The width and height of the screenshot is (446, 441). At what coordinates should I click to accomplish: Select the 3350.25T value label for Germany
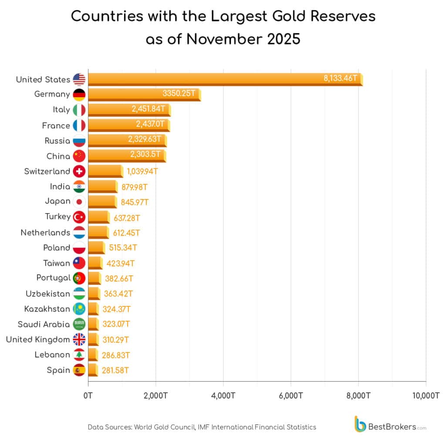179,93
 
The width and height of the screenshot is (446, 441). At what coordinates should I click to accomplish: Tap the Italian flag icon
79,109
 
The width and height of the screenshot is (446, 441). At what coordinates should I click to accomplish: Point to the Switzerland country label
47,171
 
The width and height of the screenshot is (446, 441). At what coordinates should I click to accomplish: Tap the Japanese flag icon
79,201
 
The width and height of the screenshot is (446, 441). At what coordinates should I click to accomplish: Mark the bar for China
126,155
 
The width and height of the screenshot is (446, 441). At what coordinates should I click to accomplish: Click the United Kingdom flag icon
79,339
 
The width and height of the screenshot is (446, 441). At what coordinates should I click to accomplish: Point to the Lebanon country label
52,355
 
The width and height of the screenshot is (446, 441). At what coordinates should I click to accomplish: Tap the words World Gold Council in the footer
164,427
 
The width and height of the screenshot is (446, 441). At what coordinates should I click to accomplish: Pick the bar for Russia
127,140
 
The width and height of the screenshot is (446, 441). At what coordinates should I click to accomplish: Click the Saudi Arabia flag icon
79,324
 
